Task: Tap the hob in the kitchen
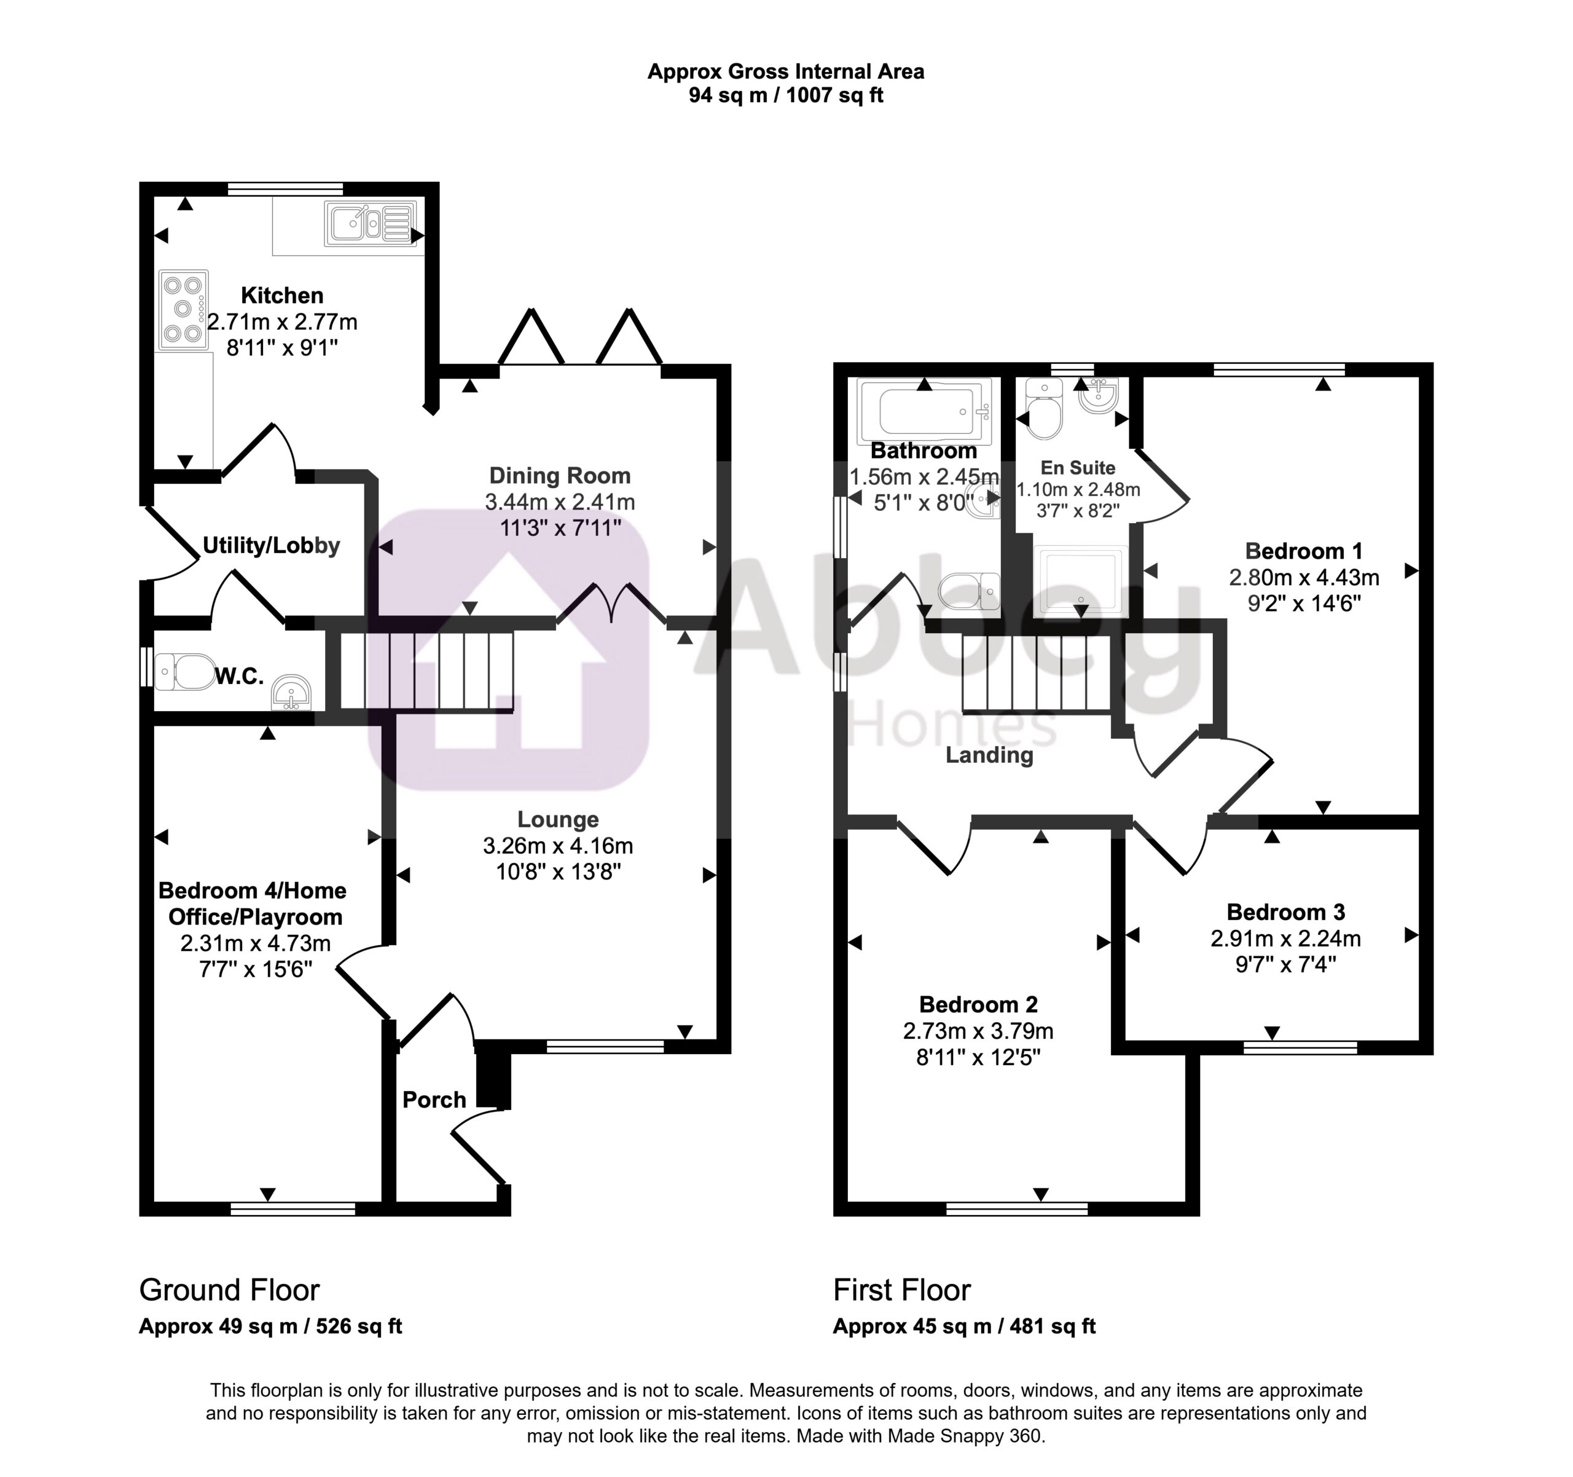(x=184, y=310)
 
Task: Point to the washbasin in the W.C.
(x=292, y=693)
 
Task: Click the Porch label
(x=434, y=1100)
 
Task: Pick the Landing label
(x=989, y=755)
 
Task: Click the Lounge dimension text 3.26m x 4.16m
(x=558, y=846)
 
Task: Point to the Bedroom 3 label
(x=1286, y=913)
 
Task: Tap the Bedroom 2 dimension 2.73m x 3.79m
(x=978, y=1031)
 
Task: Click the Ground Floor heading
(x=229, y=1290)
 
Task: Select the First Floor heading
(x=902, y=1290)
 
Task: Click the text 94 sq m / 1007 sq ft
(x=786, y=96)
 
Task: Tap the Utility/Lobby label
(x=272, y=545)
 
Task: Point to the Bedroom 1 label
(x=1304, y=551)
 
